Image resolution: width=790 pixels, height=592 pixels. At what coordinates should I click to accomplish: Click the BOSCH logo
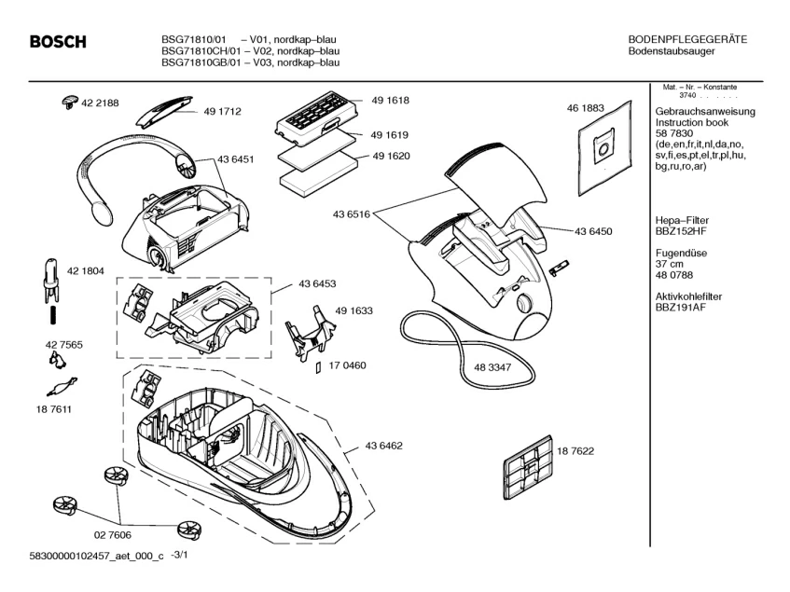pyautogui.click(x=58, y=42)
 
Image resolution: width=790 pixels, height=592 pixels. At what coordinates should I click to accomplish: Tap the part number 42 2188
pyautogui.click(x=100, y=103)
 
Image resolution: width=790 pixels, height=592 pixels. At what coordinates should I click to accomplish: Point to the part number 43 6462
pyautogui.click(x=383, y=448)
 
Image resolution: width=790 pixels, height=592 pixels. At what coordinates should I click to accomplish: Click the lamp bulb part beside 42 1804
pyautogui.click(x=49, y=277)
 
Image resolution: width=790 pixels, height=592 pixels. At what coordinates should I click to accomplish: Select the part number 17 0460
pyautogui.click(x=346, y=365)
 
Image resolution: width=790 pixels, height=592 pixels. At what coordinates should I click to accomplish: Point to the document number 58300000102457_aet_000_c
pyautogui.click(x=84, y=557)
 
